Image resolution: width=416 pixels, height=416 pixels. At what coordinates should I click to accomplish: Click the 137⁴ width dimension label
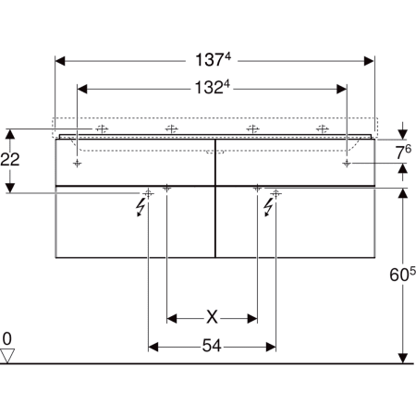213,59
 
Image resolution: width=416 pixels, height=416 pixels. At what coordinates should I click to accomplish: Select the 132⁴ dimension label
213,87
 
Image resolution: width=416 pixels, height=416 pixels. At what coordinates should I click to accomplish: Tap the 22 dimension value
10,159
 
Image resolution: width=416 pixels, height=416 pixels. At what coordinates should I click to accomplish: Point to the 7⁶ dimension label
403,152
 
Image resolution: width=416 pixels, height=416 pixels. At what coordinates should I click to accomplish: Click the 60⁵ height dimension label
402,274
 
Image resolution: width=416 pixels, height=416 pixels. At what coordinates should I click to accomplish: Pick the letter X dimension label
212,317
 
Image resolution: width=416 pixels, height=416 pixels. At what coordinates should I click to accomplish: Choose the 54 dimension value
212,346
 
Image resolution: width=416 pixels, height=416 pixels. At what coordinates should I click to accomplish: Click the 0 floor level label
6,338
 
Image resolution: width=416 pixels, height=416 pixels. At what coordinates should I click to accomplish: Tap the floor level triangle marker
7,356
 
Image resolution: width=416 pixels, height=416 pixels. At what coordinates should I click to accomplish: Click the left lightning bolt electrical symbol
141,207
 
